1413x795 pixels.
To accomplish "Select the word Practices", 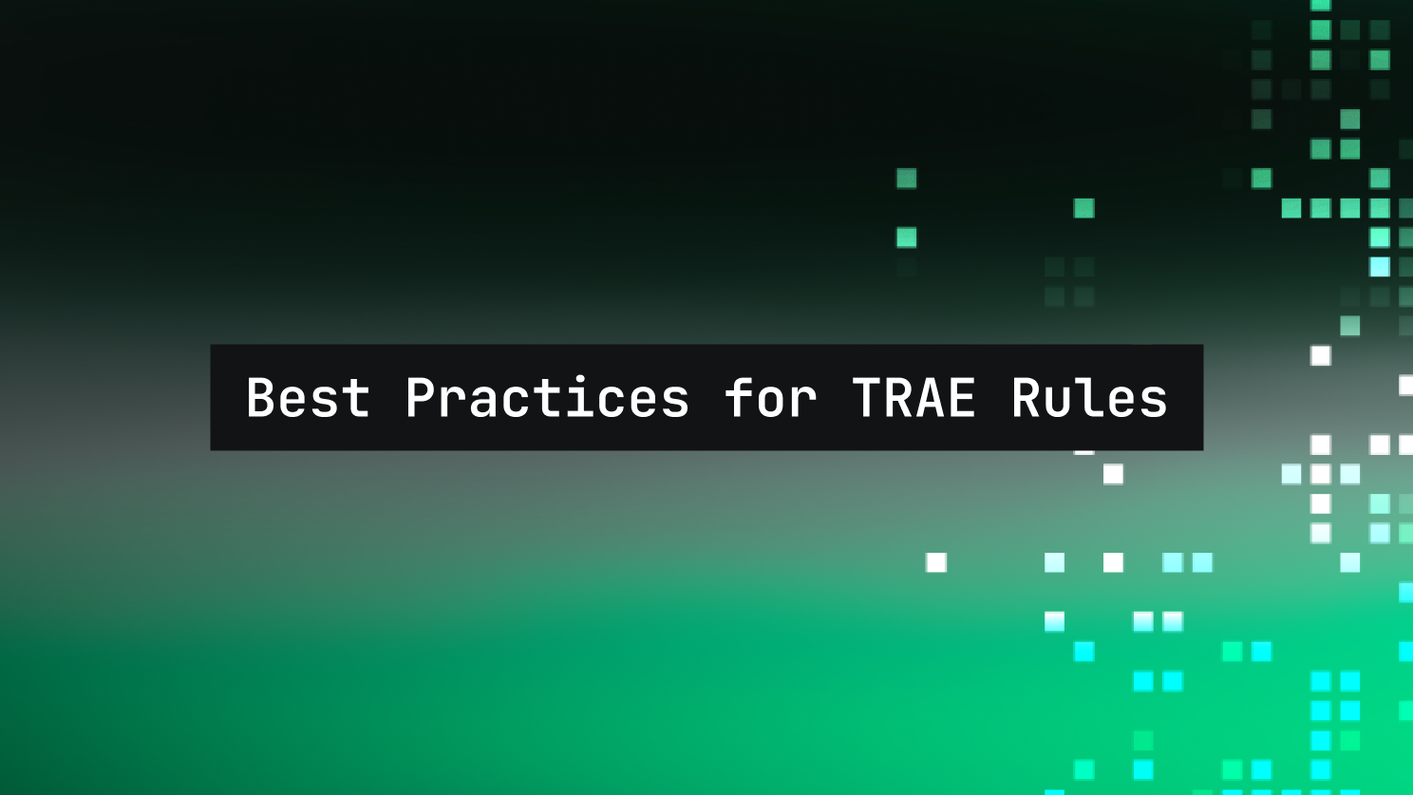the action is pos(548,396).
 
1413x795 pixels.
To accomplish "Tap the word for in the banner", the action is pos(771,396).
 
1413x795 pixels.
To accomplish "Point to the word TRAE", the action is pos(914,397).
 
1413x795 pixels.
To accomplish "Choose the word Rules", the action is pos(1090,396).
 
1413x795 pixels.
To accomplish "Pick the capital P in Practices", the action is pos(420,397).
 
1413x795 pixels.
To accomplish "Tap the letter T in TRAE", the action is pos(866,397).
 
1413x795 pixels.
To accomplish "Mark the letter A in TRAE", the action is pos(930,397).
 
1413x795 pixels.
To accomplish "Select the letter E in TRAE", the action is pos(962,397).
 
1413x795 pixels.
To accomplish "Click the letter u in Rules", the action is pos(1058,403).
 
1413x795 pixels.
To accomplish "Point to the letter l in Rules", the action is pos(1090,396).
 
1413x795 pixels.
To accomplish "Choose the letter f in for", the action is pos(740,396).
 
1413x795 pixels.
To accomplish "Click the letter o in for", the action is pos(771,403).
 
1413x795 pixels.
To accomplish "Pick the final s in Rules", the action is pos(1154,403).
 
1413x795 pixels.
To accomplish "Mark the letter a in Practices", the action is pos(484,403).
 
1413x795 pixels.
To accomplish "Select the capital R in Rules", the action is pos(1027,397).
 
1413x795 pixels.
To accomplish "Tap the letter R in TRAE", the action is pos(897,397).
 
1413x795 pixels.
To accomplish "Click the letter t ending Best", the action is pos(357,399).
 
